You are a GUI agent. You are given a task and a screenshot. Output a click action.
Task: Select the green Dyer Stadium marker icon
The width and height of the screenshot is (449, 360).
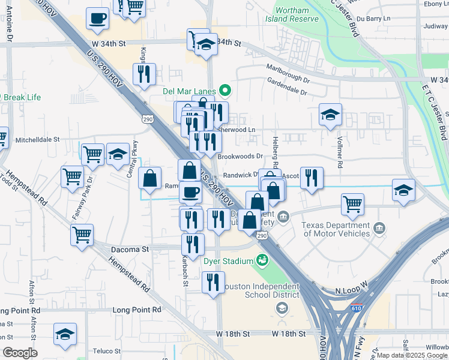click(262, 260)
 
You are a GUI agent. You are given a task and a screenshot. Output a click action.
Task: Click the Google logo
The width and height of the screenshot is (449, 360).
click(20, 353)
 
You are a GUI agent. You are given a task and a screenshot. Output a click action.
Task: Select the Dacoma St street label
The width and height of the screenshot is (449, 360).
click(130, 248)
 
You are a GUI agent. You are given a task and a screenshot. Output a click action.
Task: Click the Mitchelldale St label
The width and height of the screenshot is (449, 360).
click(38, 139)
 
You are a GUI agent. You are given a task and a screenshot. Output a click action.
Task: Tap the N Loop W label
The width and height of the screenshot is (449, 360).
click(351, 290)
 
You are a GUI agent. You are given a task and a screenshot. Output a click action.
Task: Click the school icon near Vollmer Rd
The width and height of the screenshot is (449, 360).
click(330, 115)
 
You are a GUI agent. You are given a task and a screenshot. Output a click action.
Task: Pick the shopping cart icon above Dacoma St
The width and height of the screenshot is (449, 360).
click(82, 234)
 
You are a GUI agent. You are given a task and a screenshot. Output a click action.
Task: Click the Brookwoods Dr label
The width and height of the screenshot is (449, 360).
click(240, 156)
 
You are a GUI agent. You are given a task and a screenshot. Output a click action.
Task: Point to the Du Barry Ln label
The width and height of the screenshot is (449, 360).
click(378, 19)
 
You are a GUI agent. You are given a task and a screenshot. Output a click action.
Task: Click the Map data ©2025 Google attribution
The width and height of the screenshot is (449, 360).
click(412, 355)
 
